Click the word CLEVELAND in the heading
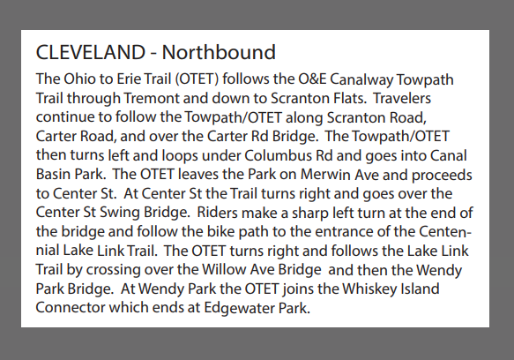click(91, 53)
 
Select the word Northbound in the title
click(219, 53)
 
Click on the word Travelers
click(402, 99)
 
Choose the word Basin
click(52, 174)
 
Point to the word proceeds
click(442, 176)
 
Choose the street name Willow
click(224, 270)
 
